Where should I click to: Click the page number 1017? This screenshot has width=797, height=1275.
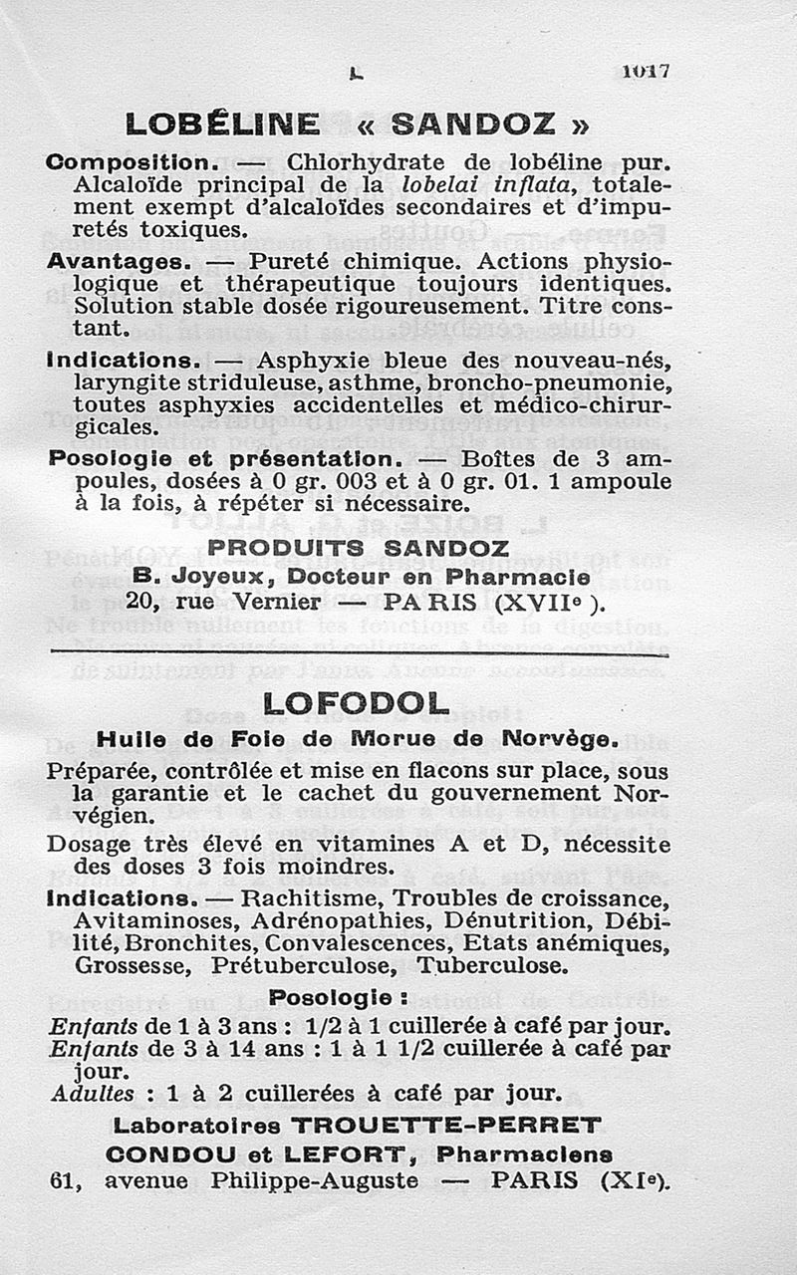(x=647, y=71)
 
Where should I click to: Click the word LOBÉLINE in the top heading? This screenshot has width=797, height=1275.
(x=222, y=125)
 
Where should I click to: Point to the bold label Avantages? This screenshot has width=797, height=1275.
(x=119, y=262)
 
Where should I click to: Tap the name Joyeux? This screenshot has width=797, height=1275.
(x=214, y=577)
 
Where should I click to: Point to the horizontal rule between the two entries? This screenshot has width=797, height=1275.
(x=359, y=654)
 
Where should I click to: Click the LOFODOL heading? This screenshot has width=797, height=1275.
(x=358, y=703)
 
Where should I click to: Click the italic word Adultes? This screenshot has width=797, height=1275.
(x=93, y=1094)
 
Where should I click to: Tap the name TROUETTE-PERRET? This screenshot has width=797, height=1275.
(x=446, y=1126)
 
